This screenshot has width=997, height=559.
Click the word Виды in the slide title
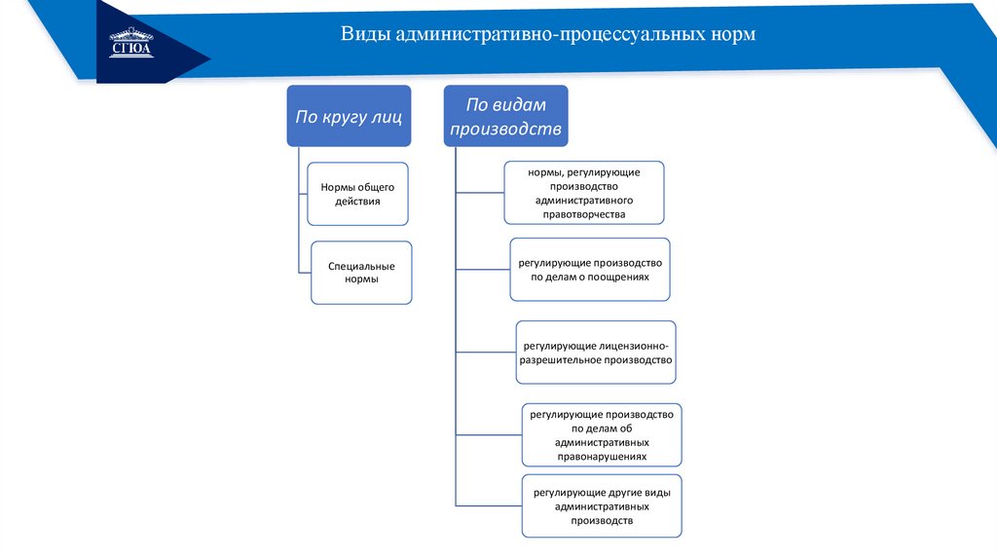click(359, 35)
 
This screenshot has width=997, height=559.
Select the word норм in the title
click(732, 35)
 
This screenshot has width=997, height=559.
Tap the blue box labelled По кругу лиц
click(349, 117)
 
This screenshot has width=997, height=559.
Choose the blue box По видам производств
click(505, 116)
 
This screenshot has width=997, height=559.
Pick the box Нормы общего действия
click(357, 193)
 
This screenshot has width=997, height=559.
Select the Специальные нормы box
click(361, 272)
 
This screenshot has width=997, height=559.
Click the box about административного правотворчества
click(584, 192)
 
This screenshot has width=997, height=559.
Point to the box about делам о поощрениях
click(590, 269)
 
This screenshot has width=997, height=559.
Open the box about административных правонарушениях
click(602, 434)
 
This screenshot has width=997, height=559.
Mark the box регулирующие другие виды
click(602, 506)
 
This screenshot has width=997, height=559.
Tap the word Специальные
click(361, 265)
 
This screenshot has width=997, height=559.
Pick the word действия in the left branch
click(357, 202)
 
